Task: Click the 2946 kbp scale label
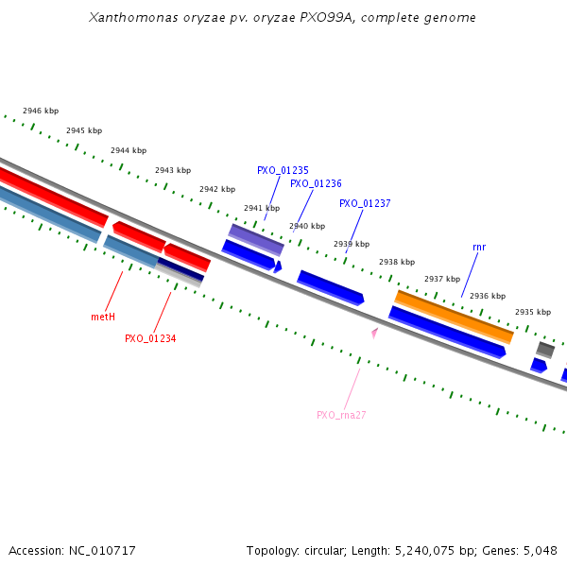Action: (x=41, y=112)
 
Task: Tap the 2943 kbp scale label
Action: (x=173, y=171)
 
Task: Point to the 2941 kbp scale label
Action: (x=262, y=208)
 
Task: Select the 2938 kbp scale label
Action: (x=397, y=262)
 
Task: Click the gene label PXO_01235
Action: (x=283, y=171)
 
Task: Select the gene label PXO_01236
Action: (x=316, y=184)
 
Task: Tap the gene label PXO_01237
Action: (x=365, y=204)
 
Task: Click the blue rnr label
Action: (x=479, y=248)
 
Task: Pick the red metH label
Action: (x=103, y=318)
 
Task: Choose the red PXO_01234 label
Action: (x=150, y=338)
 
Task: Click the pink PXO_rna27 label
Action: (x=341, y=415)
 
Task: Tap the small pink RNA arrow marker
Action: (x=375, y=333)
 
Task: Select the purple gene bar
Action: (x=256, y=239)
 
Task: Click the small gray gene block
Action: (x=545, y=350)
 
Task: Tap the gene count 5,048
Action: (x=541, y=550)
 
